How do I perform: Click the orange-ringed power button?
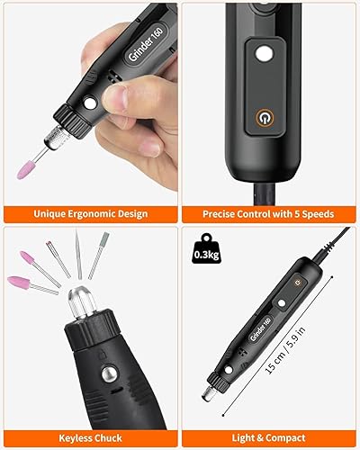(265, 118)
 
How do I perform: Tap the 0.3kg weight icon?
(207, 248)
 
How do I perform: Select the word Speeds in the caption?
(318, 214)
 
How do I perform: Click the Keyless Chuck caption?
(90, 438)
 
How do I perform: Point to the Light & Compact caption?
(268, 438)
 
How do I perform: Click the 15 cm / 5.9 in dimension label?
(285, 350)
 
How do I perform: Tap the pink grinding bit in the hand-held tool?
(25, 170)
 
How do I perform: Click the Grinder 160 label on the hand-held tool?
(146, 44)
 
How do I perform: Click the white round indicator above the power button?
(265, 54)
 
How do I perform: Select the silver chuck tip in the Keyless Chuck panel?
(82, 302)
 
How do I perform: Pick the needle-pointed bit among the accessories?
(78, 254)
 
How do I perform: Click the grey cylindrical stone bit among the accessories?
(99, 256)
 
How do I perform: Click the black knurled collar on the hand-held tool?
(72, 121)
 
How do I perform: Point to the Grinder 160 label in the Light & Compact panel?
(261, 328)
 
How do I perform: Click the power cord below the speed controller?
(265, 193)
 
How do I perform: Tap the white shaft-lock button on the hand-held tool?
(90, 103)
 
